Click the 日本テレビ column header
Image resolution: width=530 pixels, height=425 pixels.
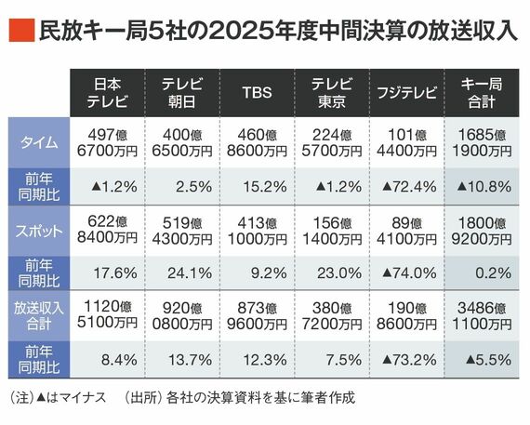pos(107,91)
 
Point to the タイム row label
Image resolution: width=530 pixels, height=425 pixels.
pos(39,141)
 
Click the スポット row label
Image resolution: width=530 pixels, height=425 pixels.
pos(39,230)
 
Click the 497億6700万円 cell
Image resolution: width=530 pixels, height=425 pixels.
pos(107,141)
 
